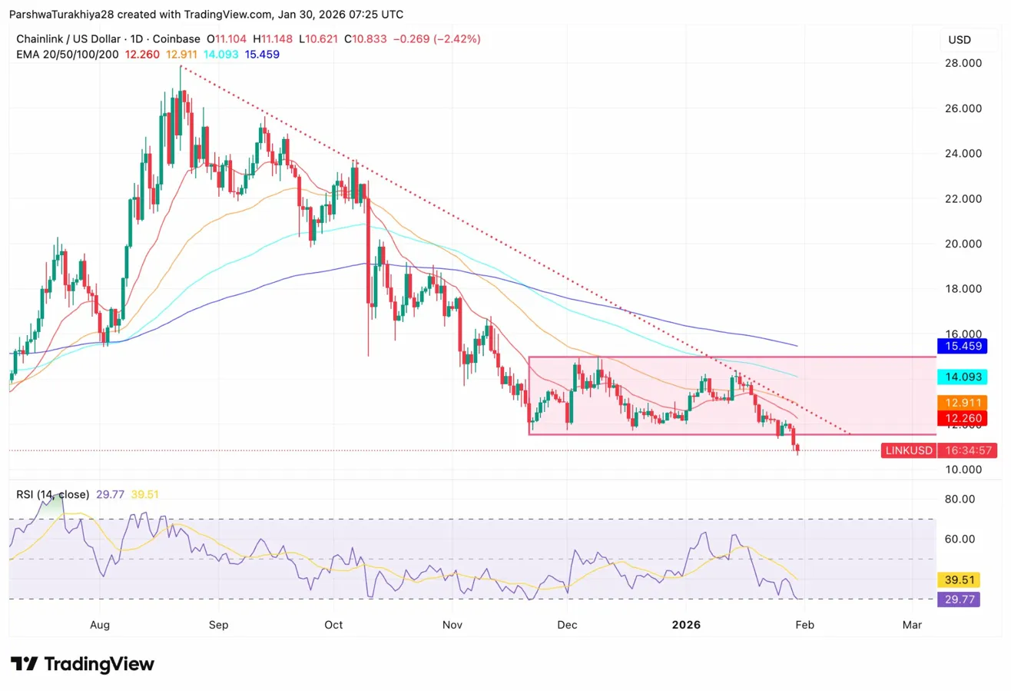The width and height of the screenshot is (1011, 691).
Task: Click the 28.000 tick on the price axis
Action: click(x=963, y=63)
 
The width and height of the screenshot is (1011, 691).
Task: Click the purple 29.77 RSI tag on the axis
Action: click(x=958, y=600)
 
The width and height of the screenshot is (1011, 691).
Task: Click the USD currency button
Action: click(x=960, y=39)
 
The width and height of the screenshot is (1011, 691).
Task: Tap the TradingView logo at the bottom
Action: click(x=82, y=664)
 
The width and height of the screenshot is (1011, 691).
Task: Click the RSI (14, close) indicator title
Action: click(x=53, y=494)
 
